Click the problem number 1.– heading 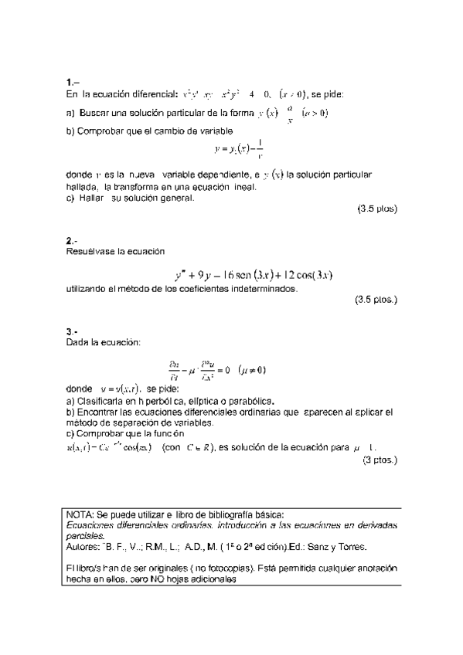pyautogui.click(x=73, y=82)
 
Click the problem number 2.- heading pyautogui.click(x=72, y=240)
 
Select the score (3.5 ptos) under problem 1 pyautogui.click(x=376, y=209)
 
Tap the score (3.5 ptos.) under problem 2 pyautogui.click(x=376, y=300)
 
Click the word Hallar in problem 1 pyautogui.click(x=92, y=197)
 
